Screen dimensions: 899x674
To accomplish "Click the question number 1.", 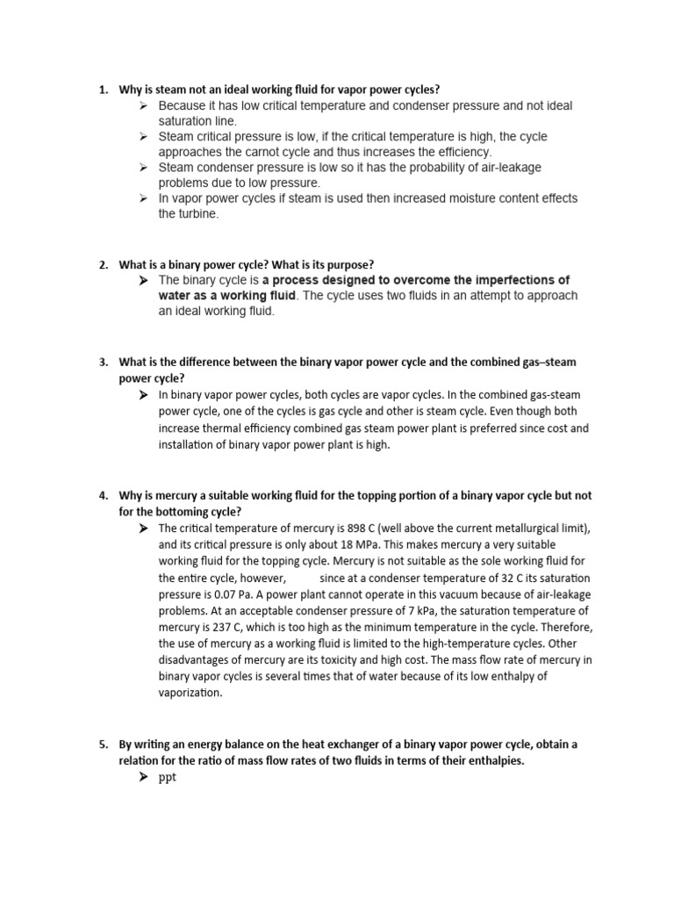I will coord(102,90).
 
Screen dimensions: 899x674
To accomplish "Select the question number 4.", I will coord(102,495).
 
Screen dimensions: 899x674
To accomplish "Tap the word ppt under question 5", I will coord(168,779).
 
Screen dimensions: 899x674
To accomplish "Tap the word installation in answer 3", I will coord(188,445).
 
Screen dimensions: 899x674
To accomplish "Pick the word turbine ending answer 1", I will coord(195,214).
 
